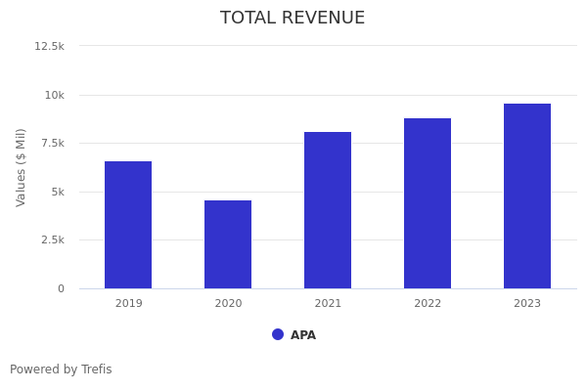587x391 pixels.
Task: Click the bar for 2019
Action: (128, 225)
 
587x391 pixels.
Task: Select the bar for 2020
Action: (228, 244)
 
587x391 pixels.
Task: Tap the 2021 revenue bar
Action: (328, 210)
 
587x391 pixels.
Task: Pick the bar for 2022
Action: (428, 203)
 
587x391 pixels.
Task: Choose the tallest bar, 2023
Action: (527, 195)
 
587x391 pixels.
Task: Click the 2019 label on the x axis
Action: (128, 304)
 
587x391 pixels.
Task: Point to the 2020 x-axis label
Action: (228, 304)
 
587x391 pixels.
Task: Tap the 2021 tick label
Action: (328, 304)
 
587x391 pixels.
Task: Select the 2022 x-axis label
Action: (428, 304)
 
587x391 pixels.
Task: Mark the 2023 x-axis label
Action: (527, 304)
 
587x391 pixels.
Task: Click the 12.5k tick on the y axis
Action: (50, 46)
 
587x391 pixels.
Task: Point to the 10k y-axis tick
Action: (54, 95)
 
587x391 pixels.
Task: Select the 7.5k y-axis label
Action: (52, 143)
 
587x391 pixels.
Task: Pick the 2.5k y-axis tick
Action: (52, 239)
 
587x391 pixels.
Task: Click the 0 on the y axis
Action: (61, 288)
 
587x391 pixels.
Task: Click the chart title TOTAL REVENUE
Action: (293, 19)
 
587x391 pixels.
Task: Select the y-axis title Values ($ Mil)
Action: (22, 166)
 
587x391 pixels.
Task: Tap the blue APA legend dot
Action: (278, 334)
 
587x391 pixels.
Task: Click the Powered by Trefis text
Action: (61, 369)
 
